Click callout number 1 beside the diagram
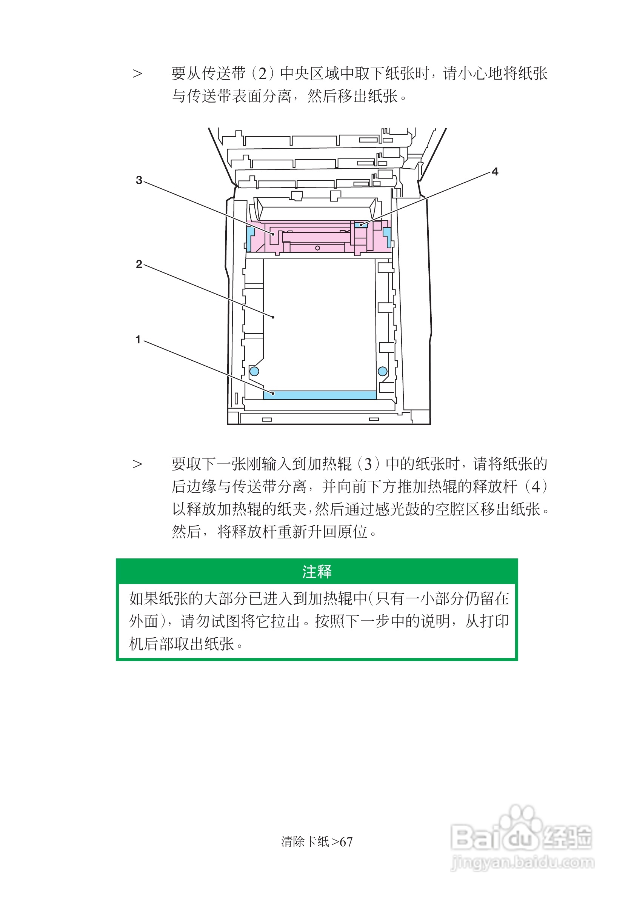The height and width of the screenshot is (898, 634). pos(138,340)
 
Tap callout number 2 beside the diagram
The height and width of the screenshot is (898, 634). pos(139,264)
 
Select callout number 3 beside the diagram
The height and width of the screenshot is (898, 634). pos(139,180)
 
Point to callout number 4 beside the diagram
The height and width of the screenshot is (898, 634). pos(495,172)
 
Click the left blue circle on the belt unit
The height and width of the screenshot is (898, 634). pos(254,371)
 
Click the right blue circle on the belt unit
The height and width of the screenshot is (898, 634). pos(383,371)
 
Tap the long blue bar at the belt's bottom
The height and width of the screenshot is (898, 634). pos(320,395)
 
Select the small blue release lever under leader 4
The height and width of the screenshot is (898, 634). pos(361,225)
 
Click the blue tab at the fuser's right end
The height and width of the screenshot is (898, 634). pos(387,236)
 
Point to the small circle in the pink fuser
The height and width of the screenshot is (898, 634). pos(318,248)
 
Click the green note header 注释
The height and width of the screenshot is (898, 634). pos(317,572)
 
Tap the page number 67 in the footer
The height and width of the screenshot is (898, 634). pos(346,842)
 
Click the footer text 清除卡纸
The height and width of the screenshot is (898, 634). pos(305,842)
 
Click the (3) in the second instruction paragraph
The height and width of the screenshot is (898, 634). pos(368,464)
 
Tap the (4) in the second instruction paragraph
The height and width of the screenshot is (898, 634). pos(536,487)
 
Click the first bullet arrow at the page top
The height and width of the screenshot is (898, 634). pos(137,74)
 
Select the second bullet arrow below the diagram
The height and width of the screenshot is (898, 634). pos(137,464)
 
